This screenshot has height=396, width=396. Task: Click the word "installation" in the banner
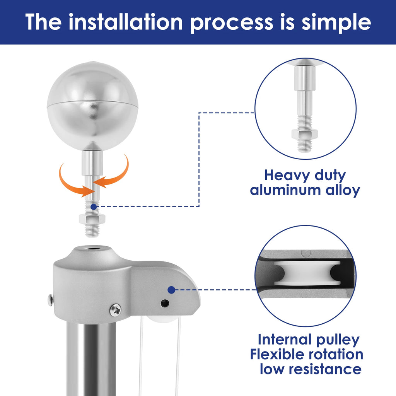pyautogui.click(x=126, y=22)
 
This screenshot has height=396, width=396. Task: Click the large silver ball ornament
pyautogui.click(x=92, y=106)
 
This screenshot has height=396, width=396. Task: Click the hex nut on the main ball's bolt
pyautogui.click(x=92, y=219)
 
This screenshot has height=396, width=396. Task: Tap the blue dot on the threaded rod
pyautogui.click(x=94, y=207)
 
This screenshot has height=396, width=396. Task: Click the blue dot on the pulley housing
pyautogui.click(x=171, y=290)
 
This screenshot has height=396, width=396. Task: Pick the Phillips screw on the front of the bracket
pyautogui.click(x=115, y=310)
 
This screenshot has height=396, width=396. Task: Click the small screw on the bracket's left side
pyautogui.click(x=51, y=300)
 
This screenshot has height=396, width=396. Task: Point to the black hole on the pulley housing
pyautogui.click(x=165, y=303)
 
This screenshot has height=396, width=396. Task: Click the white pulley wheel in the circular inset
pyautogui.click(x=307, y=273)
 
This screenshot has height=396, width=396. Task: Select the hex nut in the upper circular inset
pyautogui.click(x=305, y=134)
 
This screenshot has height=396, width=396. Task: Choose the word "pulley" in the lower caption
pyautogui.click(x=338, y=340)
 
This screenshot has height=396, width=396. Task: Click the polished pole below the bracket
pyautogui.click(x=91, y=358)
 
